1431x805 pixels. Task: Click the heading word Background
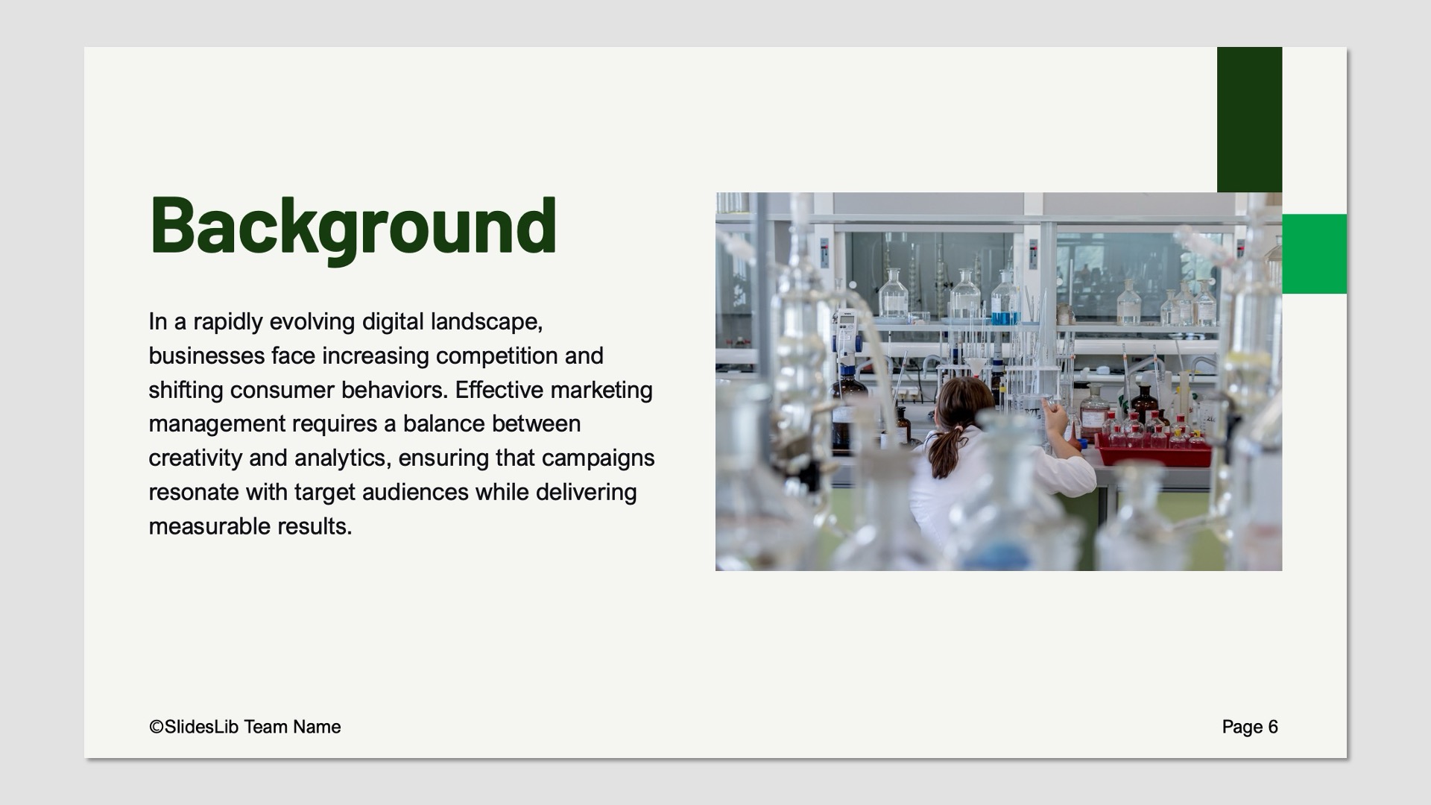point(353,225)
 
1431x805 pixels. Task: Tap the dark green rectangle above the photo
point(1249,119)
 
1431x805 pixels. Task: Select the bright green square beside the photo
point(1314,253)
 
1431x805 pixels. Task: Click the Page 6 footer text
point(1250,727)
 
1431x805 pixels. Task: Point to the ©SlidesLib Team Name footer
point(244,727)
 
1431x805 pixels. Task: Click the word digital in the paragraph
point(393,322)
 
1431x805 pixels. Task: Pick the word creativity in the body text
point(195,458)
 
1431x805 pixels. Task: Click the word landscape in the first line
point(486,322)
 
